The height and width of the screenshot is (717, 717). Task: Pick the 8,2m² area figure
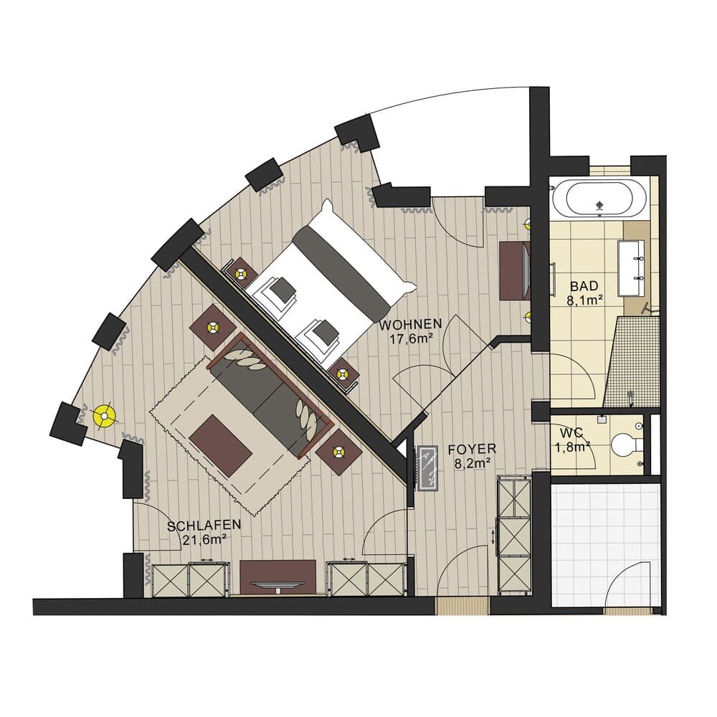click(x=472, y=464)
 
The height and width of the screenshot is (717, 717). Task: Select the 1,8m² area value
click(x=572, y=447)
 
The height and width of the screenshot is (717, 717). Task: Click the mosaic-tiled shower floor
click(x=635, y=362)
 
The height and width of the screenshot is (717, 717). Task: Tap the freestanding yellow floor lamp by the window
click(x=105, y=415)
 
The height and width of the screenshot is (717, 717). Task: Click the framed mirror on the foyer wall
click(x=428, y=469)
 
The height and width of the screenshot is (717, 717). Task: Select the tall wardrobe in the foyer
click(x=513, y=534)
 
